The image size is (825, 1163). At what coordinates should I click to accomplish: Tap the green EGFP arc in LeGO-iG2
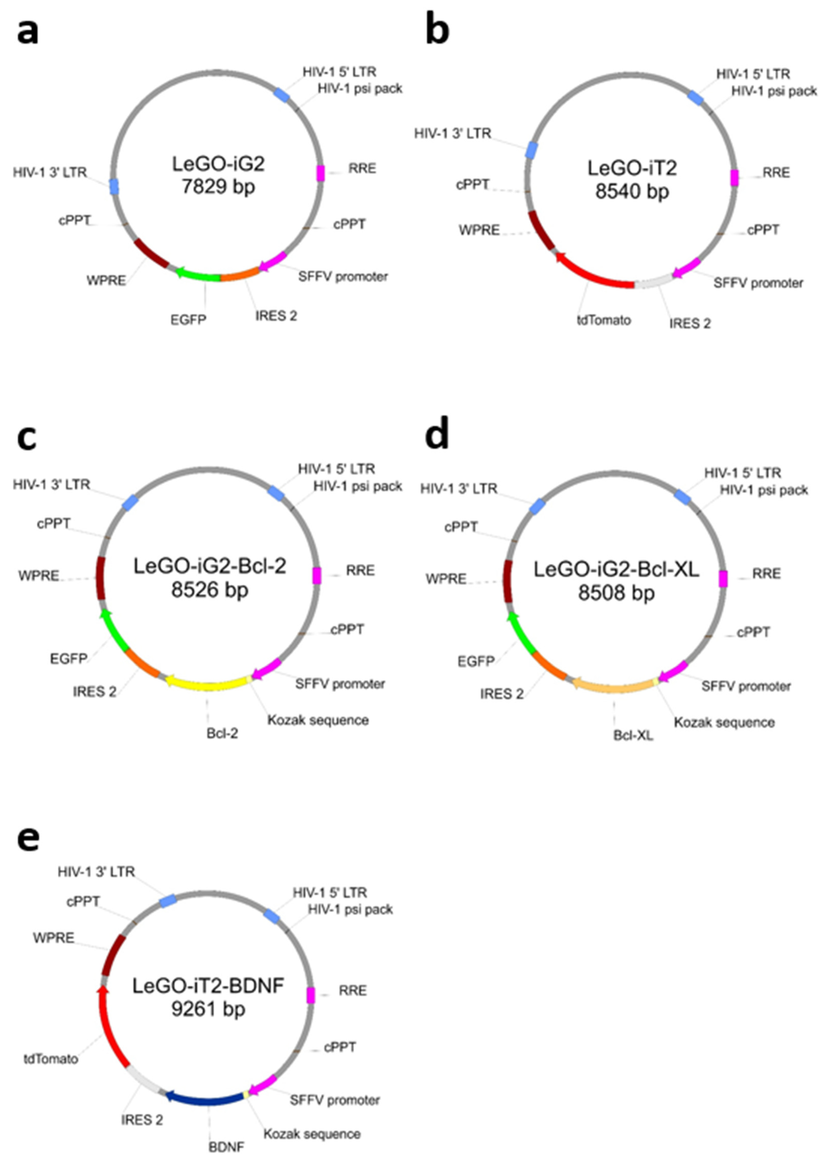[199, 276]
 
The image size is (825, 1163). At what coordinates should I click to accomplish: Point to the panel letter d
[437, 435]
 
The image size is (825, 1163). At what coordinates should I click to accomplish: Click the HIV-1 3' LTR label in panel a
[50, 172]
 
